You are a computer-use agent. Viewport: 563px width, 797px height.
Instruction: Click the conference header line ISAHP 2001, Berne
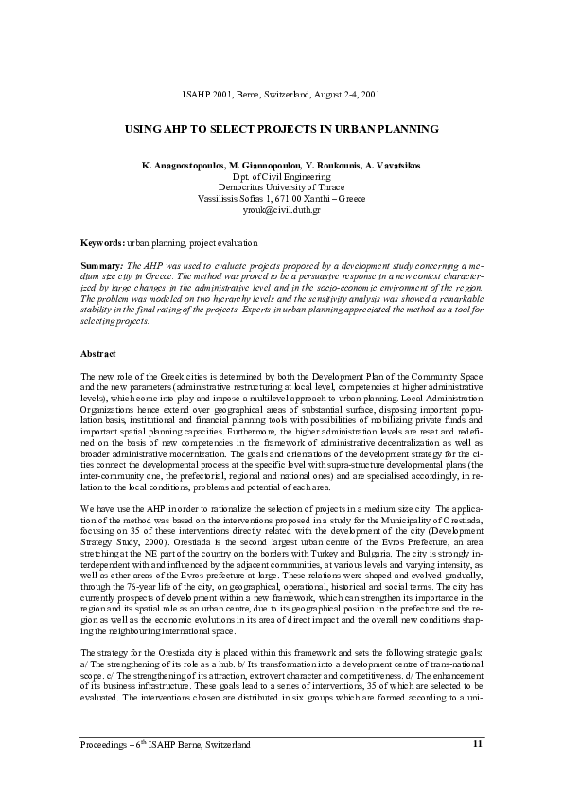tap(281, 96)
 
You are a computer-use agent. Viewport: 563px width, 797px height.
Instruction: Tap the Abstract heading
tap(98, 354)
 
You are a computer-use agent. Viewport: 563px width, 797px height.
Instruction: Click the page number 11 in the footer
tap(477, 744)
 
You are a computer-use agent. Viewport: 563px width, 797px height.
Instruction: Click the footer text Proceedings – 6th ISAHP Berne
tap(166, 745)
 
